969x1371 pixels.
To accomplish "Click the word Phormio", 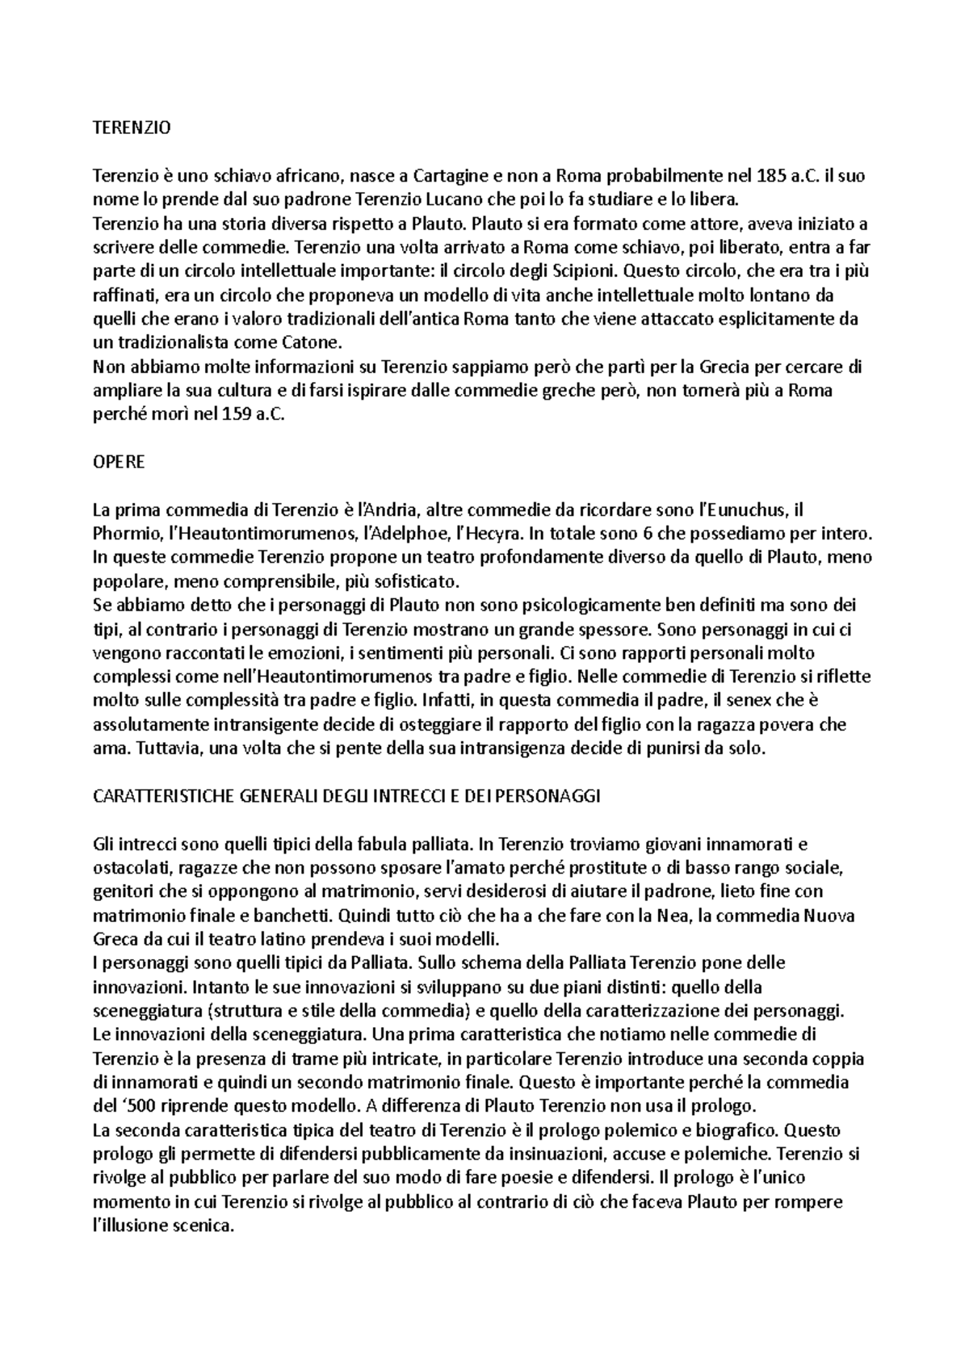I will (124, 534).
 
